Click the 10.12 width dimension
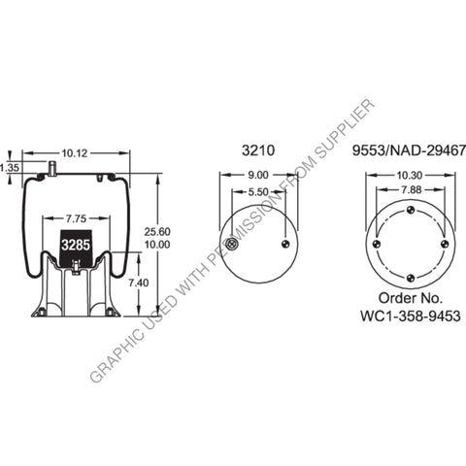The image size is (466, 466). (x=75, y=151)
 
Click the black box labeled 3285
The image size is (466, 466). (x=76, y=247)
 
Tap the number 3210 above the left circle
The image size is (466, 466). (x=258, y=150)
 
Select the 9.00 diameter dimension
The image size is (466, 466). (x=258, y=175)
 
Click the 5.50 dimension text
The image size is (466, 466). (x=258, y=194)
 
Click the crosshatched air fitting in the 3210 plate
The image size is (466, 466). (x=229, y=244)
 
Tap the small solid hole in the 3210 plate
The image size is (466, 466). (x=284, y=244)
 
